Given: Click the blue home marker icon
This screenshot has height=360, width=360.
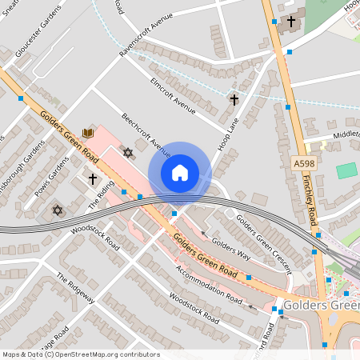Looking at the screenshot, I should (179, 173).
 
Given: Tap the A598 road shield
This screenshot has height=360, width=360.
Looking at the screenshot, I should (302, 162).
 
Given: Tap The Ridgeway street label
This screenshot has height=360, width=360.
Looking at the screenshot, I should (76, 288).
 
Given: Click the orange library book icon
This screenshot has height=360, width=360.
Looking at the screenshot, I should (88, 133).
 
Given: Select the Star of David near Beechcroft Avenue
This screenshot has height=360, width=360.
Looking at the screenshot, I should (126, 152).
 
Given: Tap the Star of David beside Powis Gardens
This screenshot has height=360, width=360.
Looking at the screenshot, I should (56, 210).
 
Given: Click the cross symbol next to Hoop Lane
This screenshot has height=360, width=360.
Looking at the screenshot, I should (234, 100).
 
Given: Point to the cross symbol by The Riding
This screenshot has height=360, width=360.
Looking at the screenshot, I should (93, 178).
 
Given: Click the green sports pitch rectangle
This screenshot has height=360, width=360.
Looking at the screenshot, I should (346, 170).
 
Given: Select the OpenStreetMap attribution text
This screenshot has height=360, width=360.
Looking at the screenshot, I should (80, 354).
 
